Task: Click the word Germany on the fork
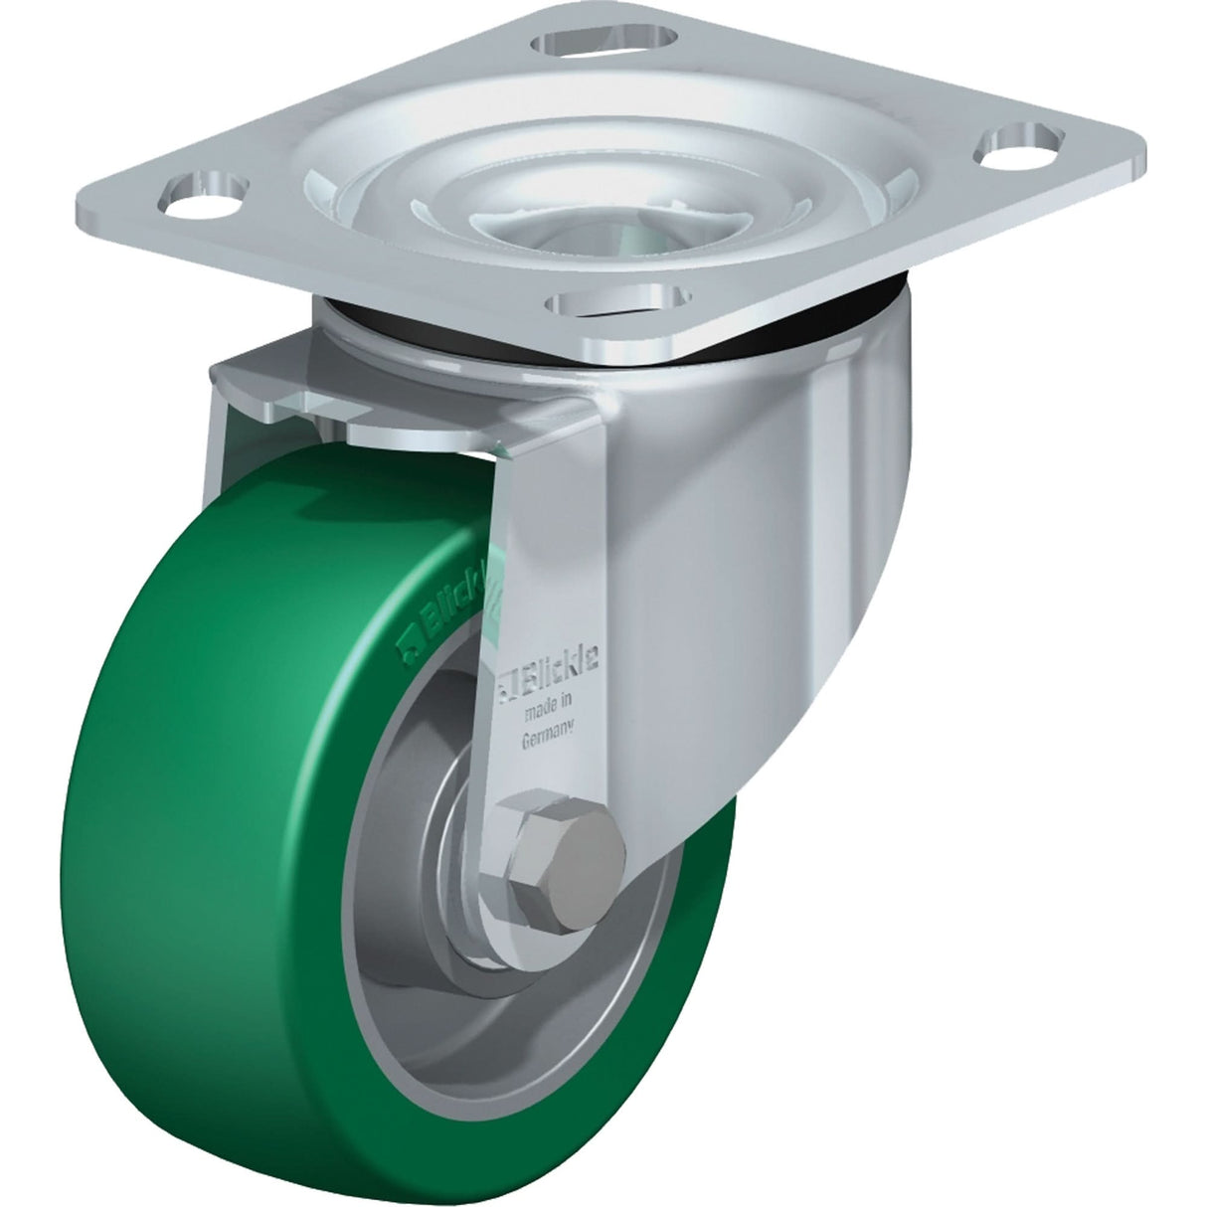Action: coord(548,738)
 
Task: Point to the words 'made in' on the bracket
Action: coord(549,708)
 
